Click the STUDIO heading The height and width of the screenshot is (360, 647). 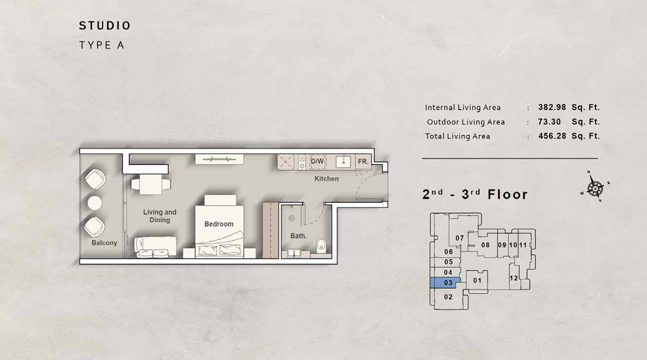click(x=105, y=26)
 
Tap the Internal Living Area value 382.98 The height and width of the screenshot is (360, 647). click(x=552, y=107)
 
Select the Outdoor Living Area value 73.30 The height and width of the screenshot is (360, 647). click(x=549, y=122)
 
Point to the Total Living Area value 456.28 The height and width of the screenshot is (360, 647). click(x=552, y=136)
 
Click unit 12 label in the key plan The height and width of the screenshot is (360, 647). click(x=513, y=278)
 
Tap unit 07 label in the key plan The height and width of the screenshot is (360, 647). click(x=459, y=238)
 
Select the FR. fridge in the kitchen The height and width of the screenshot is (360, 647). click(x=363, y=162)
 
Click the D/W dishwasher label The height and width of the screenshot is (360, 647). click(x=317, y=161)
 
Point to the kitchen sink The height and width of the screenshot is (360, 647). click(x=343, y=162)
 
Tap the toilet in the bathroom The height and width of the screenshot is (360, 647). click(x=321, y=245)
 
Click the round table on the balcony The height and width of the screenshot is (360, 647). click(x=95, y=203)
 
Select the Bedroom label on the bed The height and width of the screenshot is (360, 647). click(x=219, y=224)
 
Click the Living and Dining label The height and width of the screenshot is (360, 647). click(x=160, y=216)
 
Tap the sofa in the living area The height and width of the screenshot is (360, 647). click(x=155, y=247)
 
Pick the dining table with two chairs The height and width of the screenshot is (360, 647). click(x=151, y=184)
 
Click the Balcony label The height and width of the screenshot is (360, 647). click(x=104, y=243)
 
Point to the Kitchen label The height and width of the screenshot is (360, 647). click(x=326, y=179)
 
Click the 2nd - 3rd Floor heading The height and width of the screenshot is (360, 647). click(x=475, y=195)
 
